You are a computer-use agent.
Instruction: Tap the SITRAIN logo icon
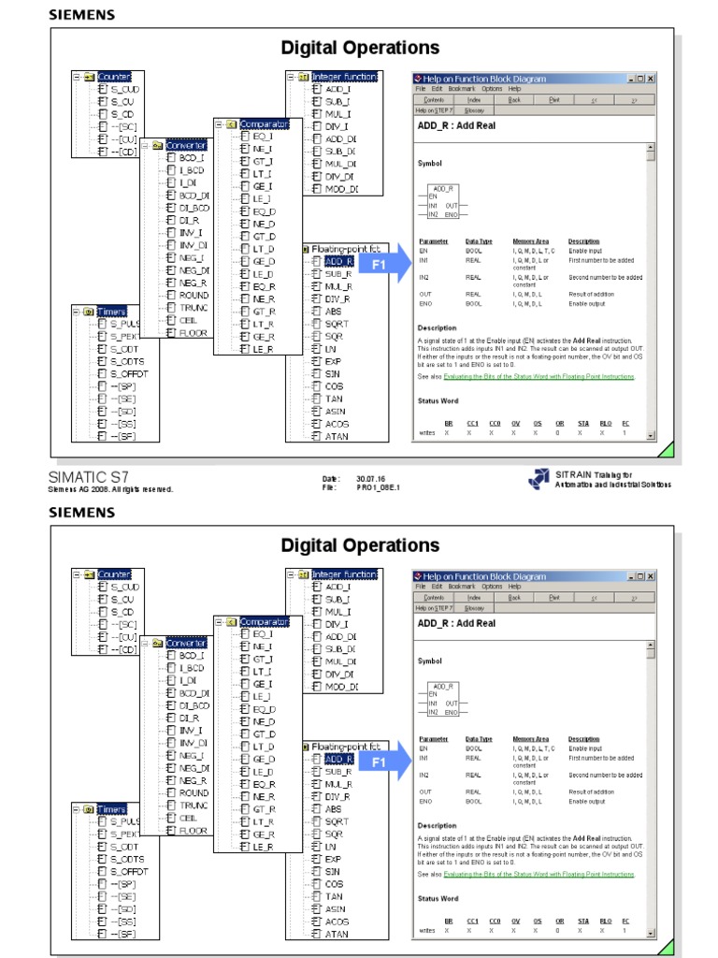pos(538,479)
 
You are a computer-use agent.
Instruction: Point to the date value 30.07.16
pos(372,478)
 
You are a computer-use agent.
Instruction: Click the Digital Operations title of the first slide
pos(360,47)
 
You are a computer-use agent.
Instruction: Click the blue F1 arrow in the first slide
pos(383,266)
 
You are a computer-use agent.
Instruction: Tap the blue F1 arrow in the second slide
pos(383,762)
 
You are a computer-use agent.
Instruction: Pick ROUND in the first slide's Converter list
pos(194,295)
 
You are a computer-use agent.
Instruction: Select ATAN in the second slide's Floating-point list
pos(336,934)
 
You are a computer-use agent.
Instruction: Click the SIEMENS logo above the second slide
pos(82,513)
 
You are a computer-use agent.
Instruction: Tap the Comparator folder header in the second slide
pos(265,620)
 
